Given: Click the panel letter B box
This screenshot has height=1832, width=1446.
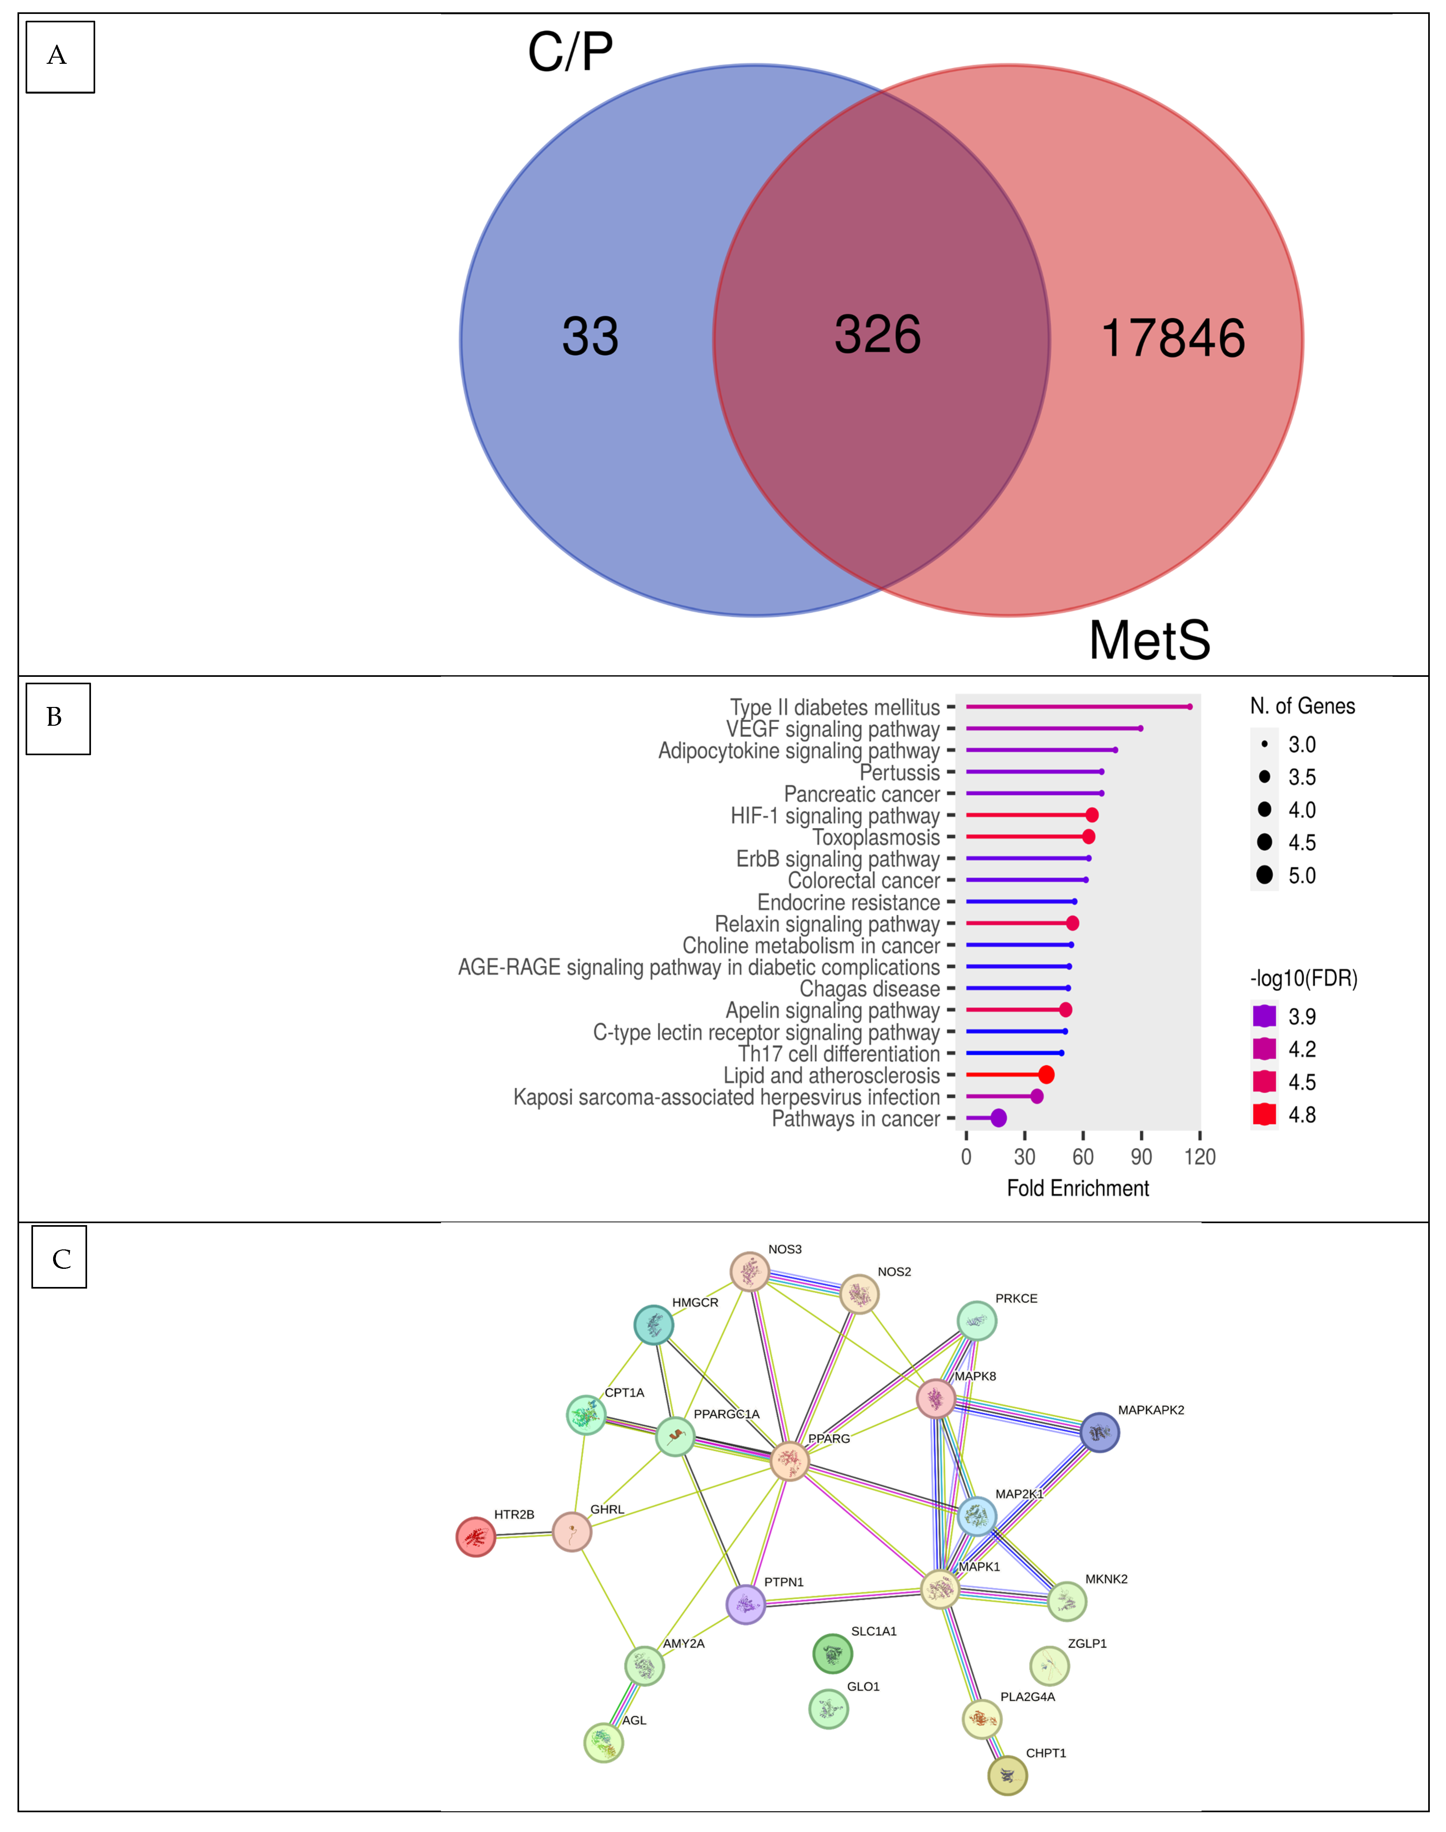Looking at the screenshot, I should pyautogui.click(x=58, y=718).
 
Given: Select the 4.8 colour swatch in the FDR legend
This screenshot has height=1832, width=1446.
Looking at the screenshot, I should pyautogui.click(x=1264, y=1114).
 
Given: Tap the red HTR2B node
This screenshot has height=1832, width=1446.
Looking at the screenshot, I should pyautogui.click(x=476, y=1537).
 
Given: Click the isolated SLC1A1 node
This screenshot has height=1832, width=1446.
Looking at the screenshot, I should pyautogui.click(x=832, y=1653).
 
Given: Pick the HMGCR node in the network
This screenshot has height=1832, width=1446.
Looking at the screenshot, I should pyautogui.click(x=654, y=1325).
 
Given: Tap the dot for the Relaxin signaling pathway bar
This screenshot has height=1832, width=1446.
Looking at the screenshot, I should pyautogui.click(x=1072, y=923).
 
